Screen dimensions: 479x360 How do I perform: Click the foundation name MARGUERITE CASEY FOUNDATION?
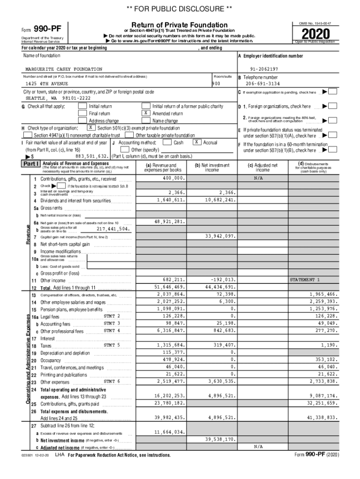[64, 69]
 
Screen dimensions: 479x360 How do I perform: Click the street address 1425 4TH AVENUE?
[47, 84]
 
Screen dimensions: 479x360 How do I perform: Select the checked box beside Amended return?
[146, 113]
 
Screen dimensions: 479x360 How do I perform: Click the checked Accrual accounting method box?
[198, 142]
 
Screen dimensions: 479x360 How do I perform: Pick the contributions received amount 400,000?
[174, 179]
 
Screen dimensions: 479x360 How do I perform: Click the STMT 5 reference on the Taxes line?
[112, 345]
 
